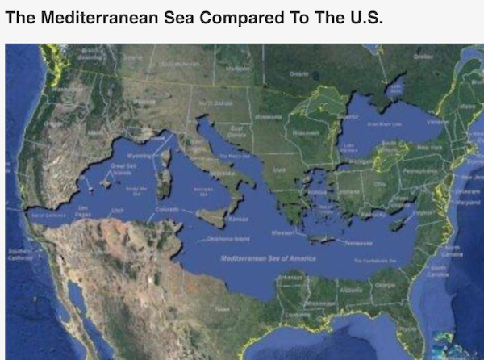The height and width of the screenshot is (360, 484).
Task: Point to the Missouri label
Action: [x=283, y=231]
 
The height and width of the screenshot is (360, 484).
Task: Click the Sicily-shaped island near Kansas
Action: [x=211, y=216]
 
